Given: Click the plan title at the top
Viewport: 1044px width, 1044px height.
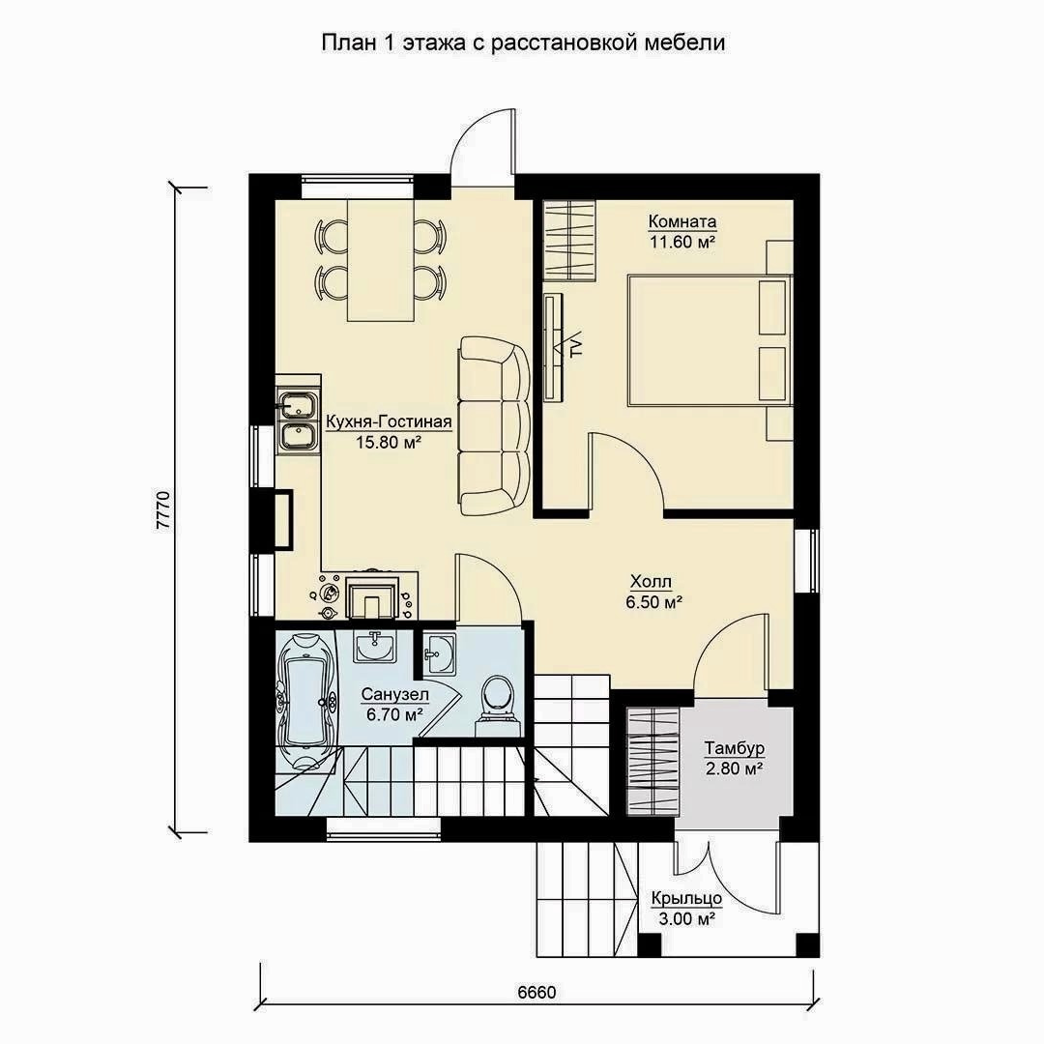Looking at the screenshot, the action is [x=523, y=43].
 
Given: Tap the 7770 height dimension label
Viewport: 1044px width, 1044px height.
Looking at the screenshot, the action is [x=163, y=510].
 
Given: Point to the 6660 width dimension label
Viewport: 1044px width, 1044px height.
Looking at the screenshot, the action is [x=536, y=992].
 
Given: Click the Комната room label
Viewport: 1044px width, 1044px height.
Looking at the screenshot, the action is [x=682, y=221].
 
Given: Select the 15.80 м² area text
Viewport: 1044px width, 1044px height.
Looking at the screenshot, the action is [x=389, y=442].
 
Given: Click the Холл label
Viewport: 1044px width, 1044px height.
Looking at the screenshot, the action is [x=652, y=582].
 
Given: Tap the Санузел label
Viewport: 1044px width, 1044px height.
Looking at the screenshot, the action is [x=395, y=694].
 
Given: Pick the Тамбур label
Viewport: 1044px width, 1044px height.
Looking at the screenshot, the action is [x=735, y=748].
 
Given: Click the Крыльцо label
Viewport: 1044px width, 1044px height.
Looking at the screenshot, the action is [x=687, y=899].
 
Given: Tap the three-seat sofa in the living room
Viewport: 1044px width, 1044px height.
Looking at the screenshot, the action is [x=494, y=425].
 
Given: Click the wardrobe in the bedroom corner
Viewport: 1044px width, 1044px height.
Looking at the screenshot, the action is [x=568, y=241].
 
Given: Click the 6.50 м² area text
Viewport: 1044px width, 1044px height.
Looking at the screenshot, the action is [x=653, y=602].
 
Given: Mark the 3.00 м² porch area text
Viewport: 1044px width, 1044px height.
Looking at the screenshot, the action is [x=687, y=919].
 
